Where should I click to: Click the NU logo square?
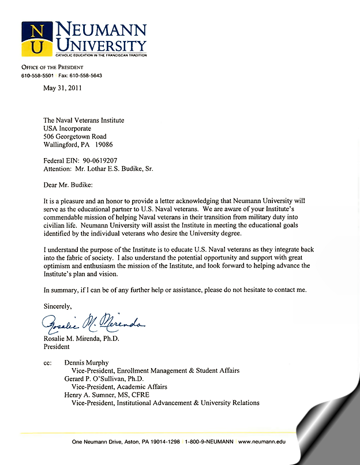click(x=38, y=39)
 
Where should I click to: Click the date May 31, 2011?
click(x=62, y=88)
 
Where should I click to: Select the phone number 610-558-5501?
click(x=37, y=76)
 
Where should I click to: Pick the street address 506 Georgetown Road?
click(x=75, y=137)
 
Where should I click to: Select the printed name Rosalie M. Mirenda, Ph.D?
click(x=81, y=339)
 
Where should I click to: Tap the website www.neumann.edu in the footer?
click(x=262, y=441)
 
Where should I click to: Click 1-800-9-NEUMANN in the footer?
click(x=209, y=441)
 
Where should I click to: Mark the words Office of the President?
click(x=48, y=68)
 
